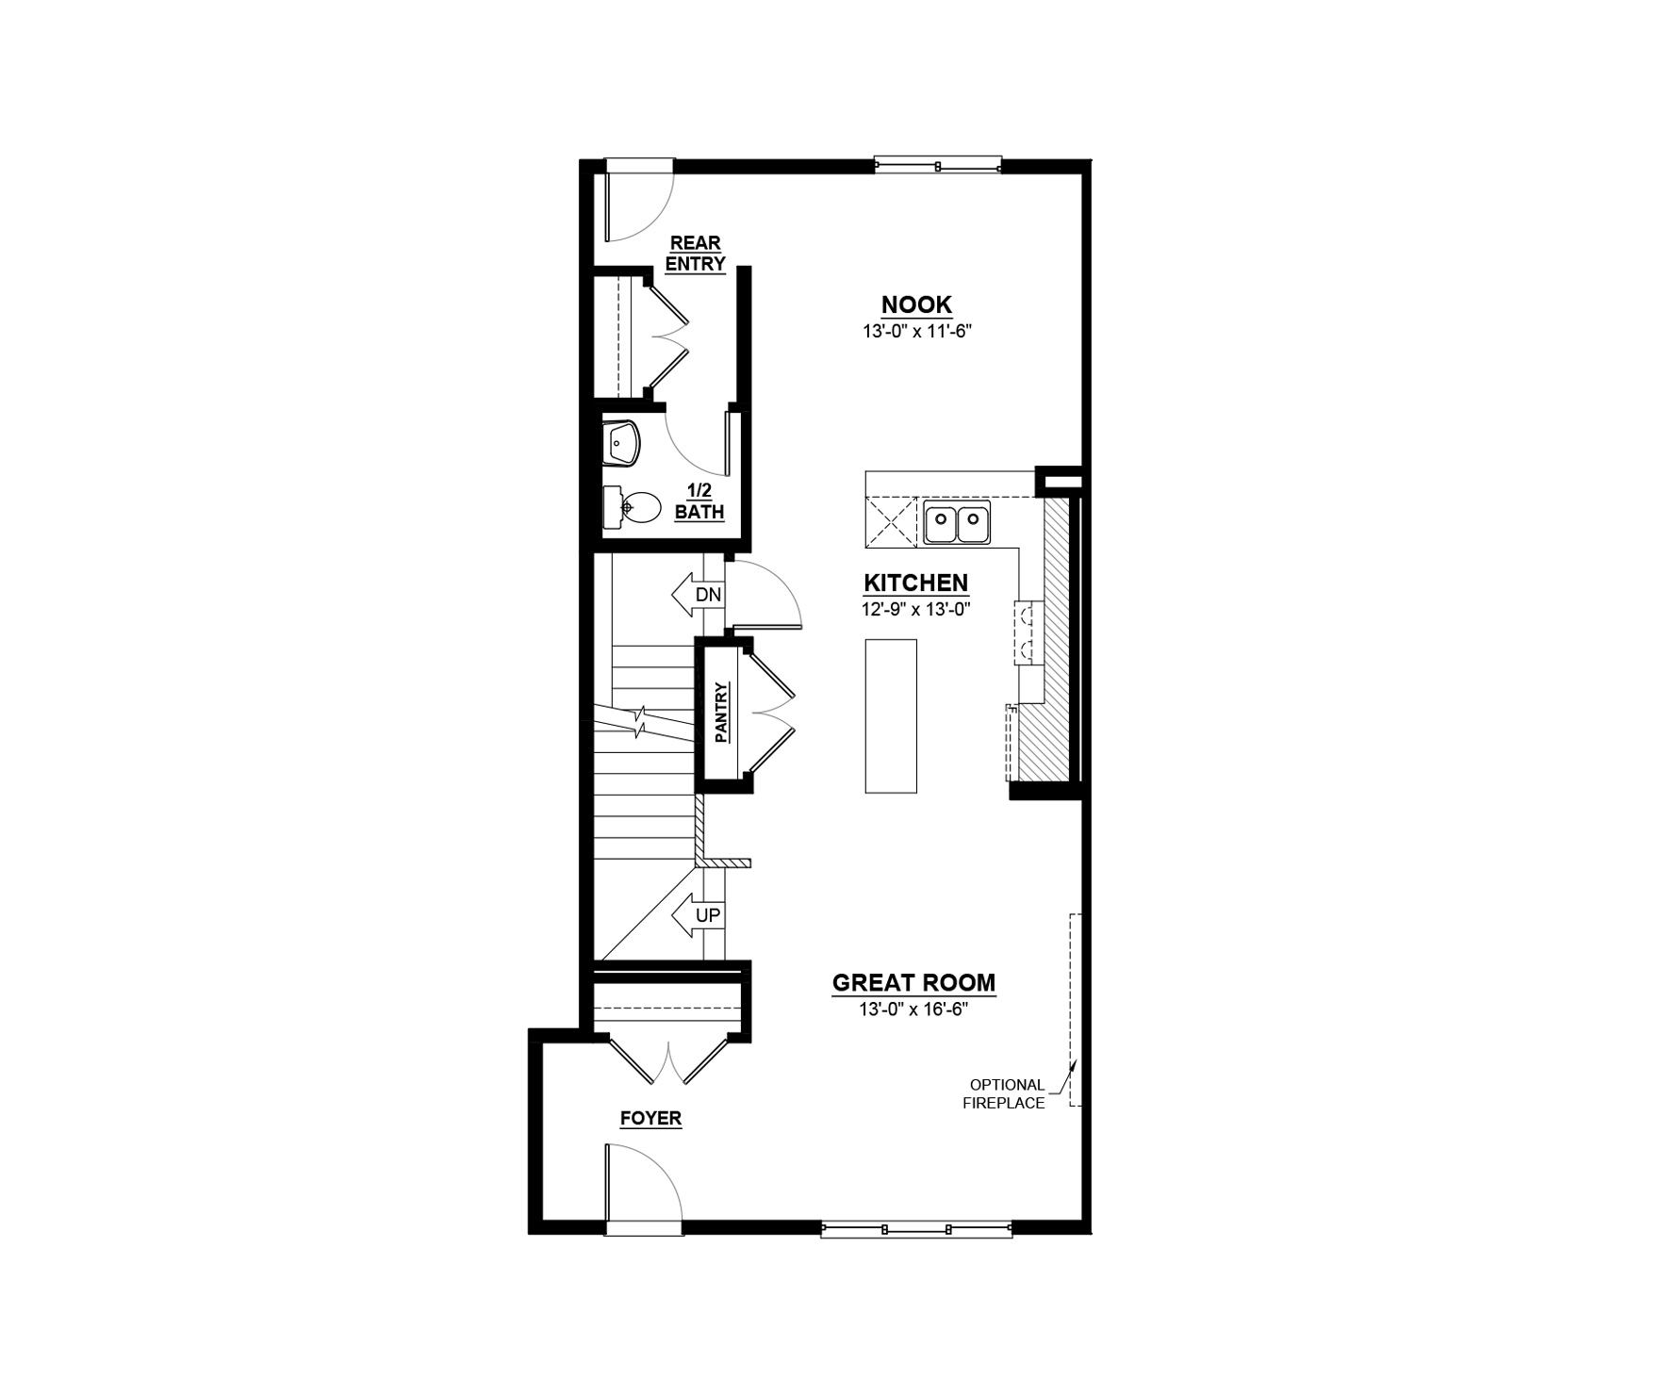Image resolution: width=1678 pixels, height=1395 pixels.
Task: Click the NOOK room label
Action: point(916,305)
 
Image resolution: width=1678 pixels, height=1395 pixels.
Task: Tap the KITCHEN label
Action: point(915,583)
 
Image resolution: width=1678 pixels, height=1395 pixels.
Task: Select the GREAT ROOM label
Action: point(913,983)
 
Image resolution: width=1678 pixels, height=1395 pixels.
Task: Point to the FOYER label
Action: point(650,1119)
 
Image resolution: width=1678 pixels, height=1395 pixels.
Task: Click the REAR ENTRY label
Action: point(695,254)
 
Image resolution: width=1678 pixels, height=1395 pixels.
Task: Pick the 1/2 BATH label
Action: point(699,502)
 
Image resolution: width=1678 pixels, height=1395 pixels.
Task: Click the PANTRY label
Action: point(722,713)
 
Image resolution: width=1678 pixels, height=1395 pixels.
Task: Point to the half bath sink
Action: point(621,443)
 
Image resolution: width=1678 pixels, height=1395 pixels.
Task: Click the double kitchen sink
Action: point(957,523)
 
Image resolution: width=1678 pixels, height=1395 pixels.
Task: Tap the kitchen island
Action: point(891,716)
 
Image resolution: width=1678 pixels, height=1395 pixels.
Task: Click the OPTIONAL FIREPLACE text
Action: point(1003,1093)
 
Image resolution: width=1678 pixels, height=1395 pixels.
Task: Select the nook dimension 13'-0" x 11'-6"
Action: point(916,331)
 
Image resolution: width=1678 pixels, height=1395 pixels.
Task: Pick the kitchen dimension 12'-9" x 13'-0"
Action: point(915,609)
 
